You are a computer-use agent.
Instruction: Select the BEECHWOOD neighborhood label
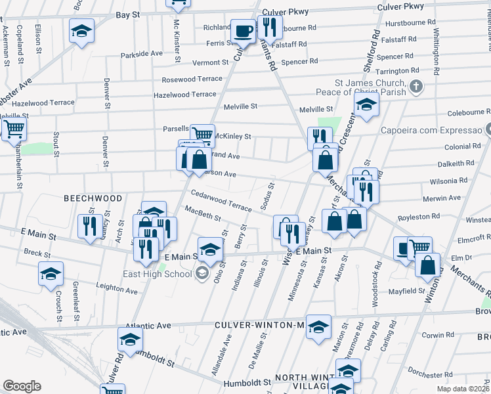coord(93,198)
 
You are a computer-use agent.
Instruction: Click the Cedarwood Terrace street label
coord(221,201)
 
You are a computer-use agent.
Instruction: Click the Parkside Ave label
coord(142,53)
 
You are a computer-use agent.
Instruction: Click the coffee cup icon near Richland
coord(243,30)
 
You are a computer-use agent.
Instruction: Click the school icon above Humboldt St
coord(130,339)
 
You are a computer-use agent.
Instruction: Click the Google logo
coord(22,386)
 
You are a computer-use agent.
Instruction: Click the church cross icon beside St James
coord(415,87)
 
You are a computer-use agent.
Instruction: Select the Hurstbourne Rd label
coord(407,23)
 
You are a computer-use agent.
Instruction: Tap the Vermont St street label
coord(210,62)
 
